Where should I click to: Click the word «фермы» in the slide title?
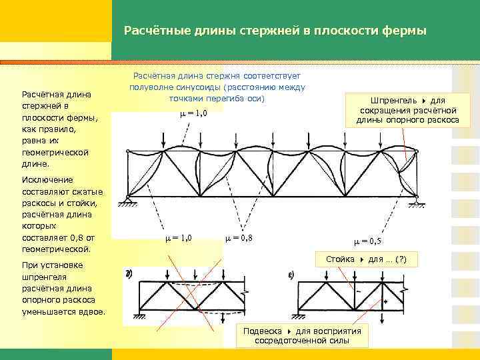click(405, 31)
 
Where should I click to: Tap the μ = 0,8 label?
click(239, 238)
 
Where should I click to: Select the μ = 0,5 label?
click(368, 241)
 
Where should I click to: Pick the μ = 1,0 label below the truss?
click(178, 238)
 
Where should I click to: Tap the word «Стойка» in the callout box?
click(340, 258)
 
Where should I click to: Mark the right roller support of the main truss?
click(415, 198)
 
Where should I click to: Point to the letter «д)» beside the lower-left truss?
click(128, 275)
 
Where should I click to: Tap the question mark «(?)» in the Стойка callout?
click(405, 258)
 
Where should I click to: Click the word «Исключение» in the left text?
click(47, 180)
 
